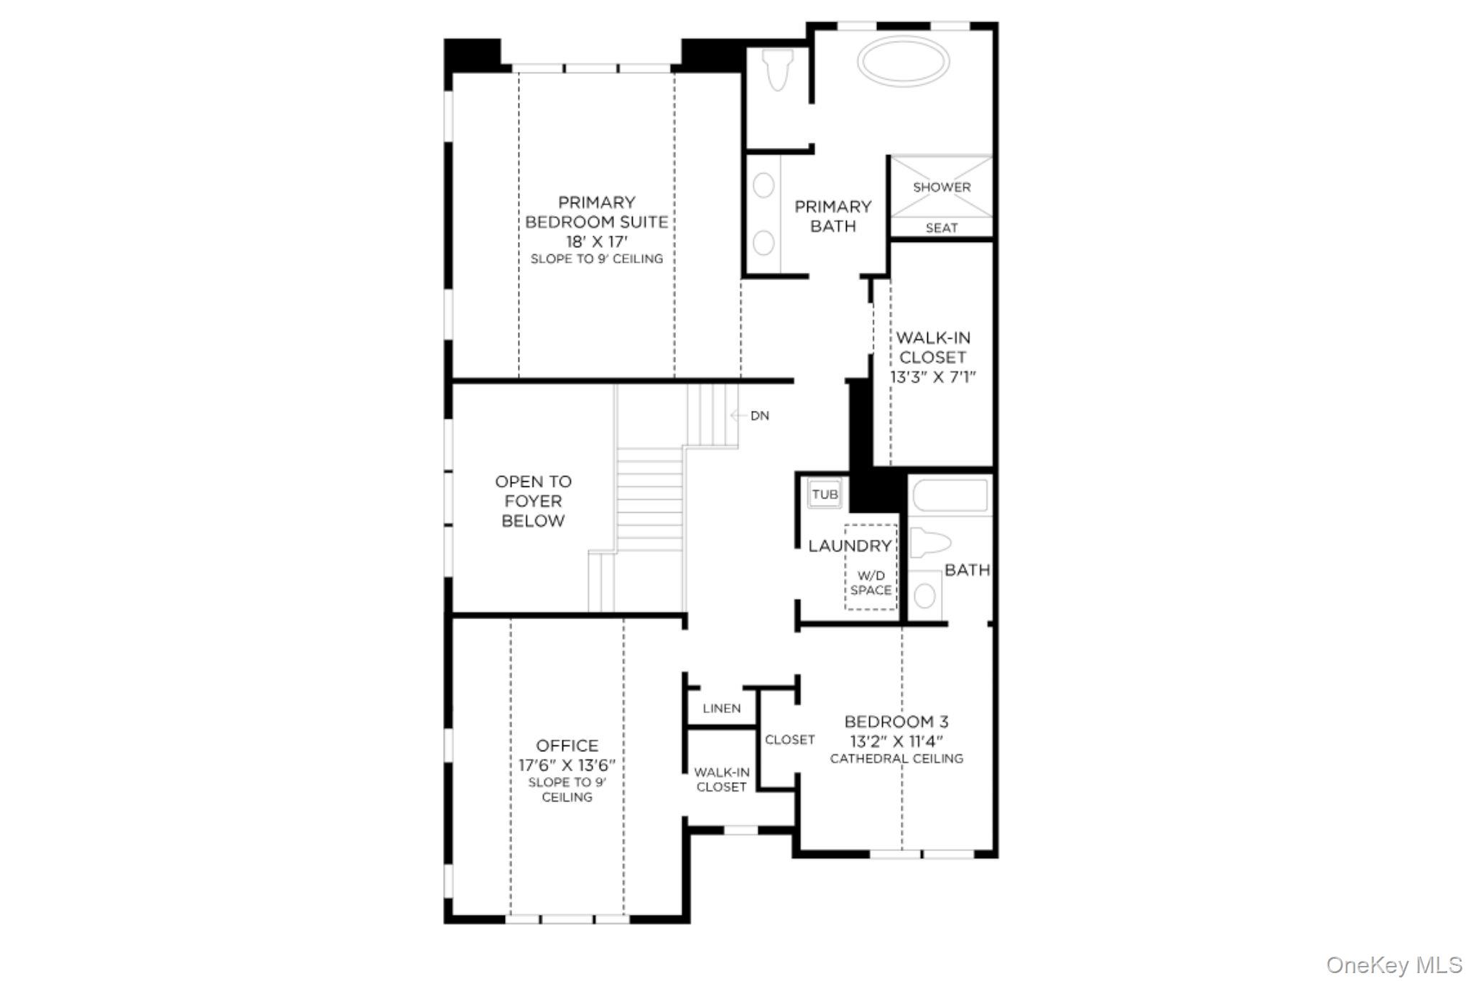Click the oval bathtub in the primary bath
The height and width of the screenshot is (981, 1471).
click(x=904, y=62)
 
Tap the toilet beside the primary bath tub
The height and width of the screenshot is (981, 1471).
click(x=778, y=70)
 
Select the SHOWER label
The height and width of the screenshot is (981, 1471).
click(x=942, y=187)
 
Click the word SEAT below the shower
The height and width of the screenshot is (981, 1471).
click(x=942, y=228)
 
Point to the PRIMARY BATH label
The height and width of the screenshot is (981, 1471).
click(x=833, y=216)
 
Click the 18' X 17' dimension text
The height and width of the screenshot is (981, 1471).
click(x=596, y=241)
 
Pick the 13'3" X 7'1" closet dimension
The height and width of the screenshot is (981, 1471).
click(x=933, y=378)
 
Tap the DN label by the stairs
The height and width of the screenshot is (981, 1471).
click(x=759, y=416)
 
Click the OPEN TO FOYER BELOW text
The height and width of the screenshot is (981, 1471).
click(x=533, y=501)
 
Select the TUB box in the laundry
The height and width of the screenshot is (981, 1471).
click(x=825, y=495)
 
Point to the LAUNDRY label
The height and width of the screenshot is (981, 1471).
click(x=849, y=547)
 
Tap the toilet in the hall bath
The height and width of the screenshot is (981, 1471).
click(x=929, y=543)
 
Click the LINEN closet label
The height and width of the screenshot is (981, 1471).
click(x=721, y=709)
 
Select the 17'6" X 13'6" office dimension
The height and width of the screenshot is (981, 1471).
click(x=567, y=766)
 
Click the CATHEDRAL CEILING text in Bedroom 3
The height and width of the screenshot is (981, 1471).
click(x=896, y=759)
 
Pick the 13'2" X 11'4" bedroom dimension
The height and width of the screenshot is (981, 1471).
click(x=896, y=741)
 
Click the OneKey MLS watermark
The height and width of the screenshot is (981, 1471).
click(x=1393, y=964)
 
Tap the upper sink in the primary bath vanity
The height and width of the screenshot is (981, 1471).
click(x=764, y=186)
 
